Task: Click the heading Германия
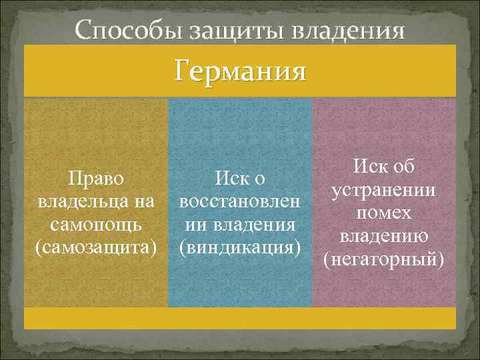tap(240, 71)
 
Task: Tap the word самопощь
tap(96, 224)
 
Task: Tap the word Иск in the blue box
tap(231, 179)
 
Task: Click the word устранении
tap(385, 190)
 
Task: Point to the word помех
tap(385, 213)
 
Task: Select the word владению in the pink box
tap(385, 236)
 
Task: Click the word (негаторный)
tap(385, 259)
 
